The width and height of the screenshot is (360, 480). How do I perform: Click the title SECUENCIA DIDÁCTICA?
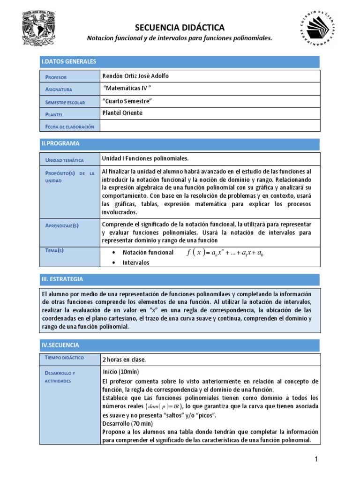[x=180, y=28]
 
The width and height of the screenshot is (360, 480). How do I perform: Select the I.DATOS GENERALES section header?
[x=69, y=61]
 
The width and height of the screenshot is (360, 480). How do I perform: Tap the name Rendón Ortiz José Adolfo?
[x=135, y=76]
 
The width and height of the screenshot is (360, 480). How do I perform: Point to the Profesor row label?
[x=56, y=77]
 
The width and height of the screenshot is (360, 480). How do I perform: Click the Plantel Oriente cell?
[x=122, y=113]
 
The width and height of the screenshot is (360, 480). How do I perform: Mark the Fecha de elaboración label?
[x=69, y=127]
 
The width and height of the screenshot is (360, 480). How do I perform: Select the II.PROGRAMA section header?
[x=61, y=143]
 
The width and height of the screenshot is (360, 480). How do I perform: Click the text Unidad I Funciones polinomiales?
[x=145, y=158]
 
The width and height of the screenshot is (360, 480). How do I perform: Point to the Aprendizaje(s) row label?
[x=62, y=225]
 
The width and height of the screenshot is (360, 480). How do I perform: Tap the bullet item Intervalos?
[x=136, y=262]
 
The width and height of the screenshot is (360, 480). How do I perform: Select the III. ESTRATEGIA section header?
[x=62, y=279]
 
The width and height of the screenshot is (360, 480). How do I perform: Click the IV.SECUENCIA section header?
[x=60, y=345]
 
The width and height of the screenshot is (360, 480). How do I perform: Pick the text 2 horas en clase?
[x=124, y=360]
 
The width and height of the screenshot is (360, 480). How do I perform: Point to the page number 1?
[x=316, y=460]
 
